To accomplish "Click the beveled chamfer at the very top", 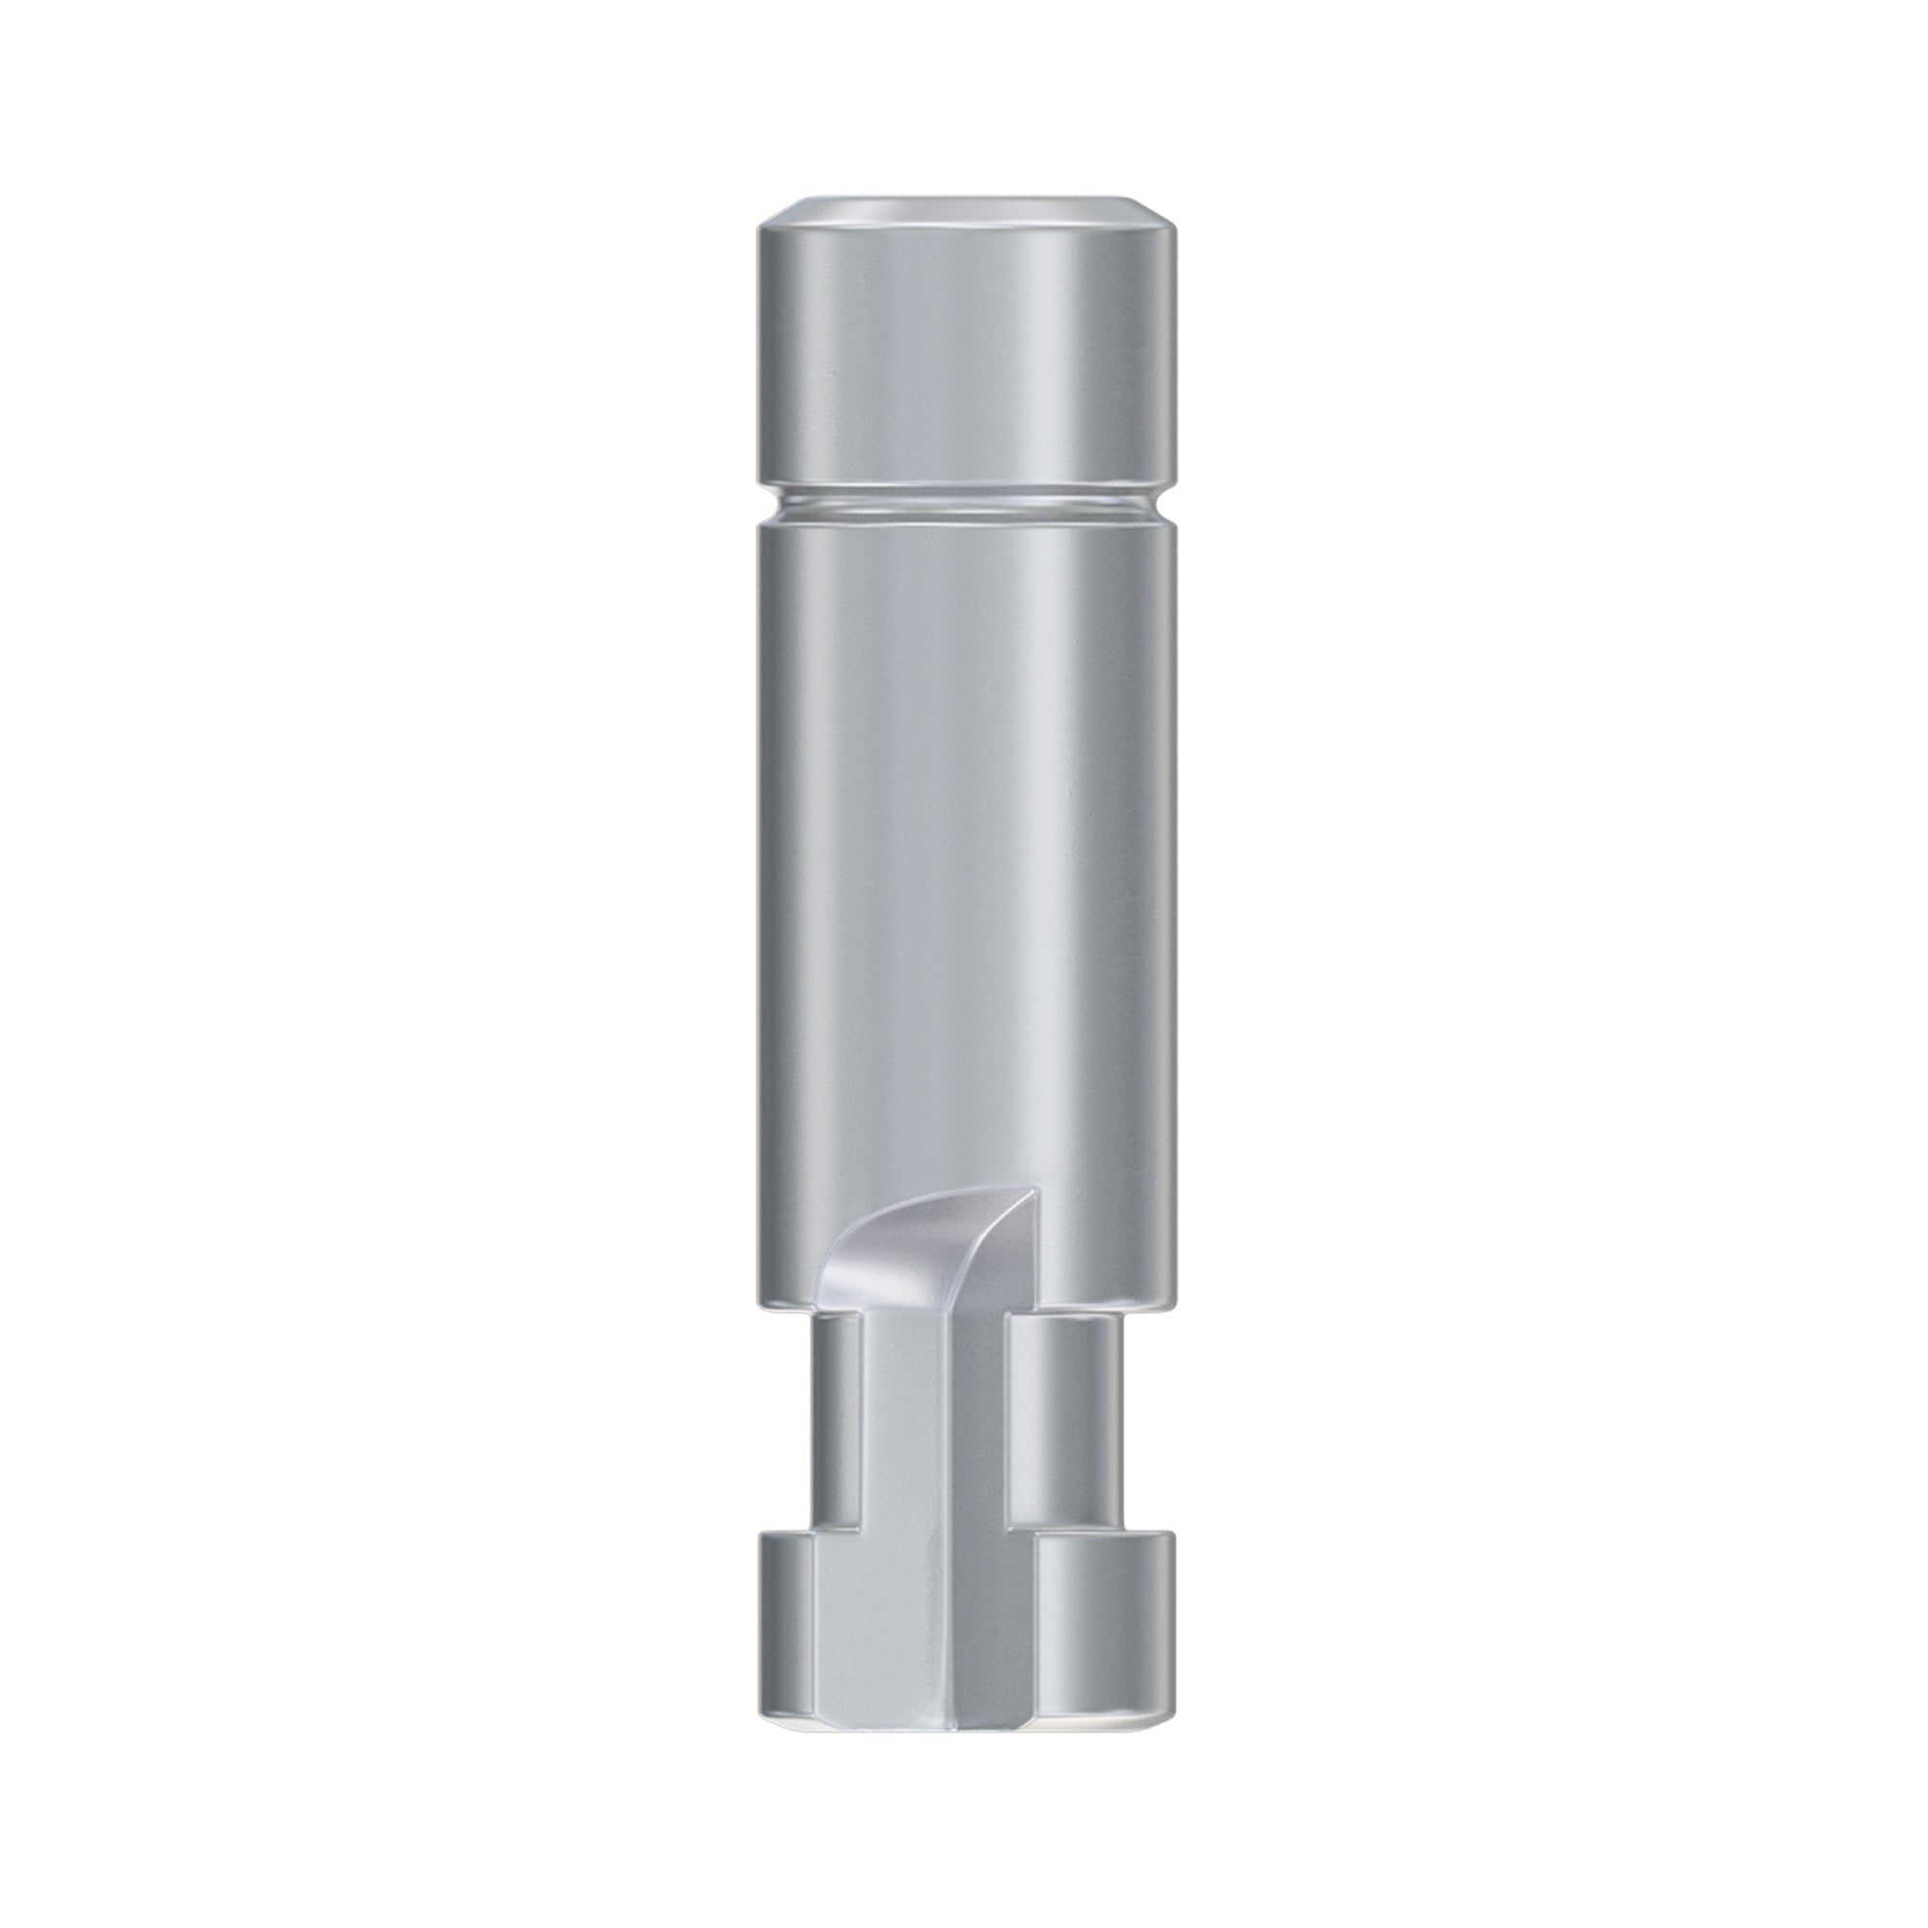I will (x=964, y=212).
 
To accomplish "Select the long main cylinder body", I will (x=964, y=848).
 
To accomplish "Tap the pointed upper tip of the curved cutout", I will (x=1038, y=1192).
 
